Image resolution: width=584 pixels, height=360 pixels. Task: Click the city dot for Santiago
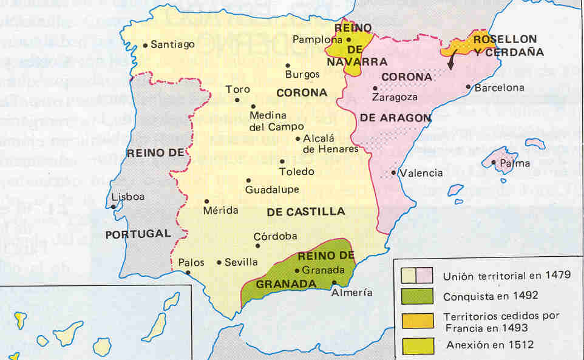tap(145, 45)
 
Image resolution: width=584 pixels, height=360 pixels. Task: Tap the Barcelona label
tap(499, 87)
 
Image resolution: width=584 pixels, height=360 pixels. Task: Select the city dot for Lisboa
tap(114, 207)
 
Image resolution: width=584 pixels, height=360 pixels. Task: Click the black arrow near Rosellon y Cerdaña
tap(451, 63)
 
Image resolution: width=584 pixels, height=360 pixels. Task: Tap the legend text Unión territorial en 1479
tap(506, 275)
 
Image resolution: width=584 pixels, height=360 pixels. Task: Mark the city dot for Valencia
tap(393, 173)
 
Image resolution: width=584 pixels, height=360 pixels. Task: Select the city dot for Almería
tap(334, 282)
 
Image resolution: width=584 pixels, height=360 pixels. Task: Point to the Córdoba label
tap(276, 236)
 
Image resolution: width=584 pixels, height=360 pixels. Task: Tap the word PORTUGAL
tap(138, 234)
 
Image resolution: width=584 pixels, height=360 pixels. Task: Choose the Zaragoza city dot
tap(375, 88)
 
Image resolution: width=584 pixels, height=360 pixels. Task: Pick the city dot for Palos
tap(188, 273)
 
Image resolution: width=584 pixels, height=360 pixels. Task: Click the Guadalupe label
tap(272, 189)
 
